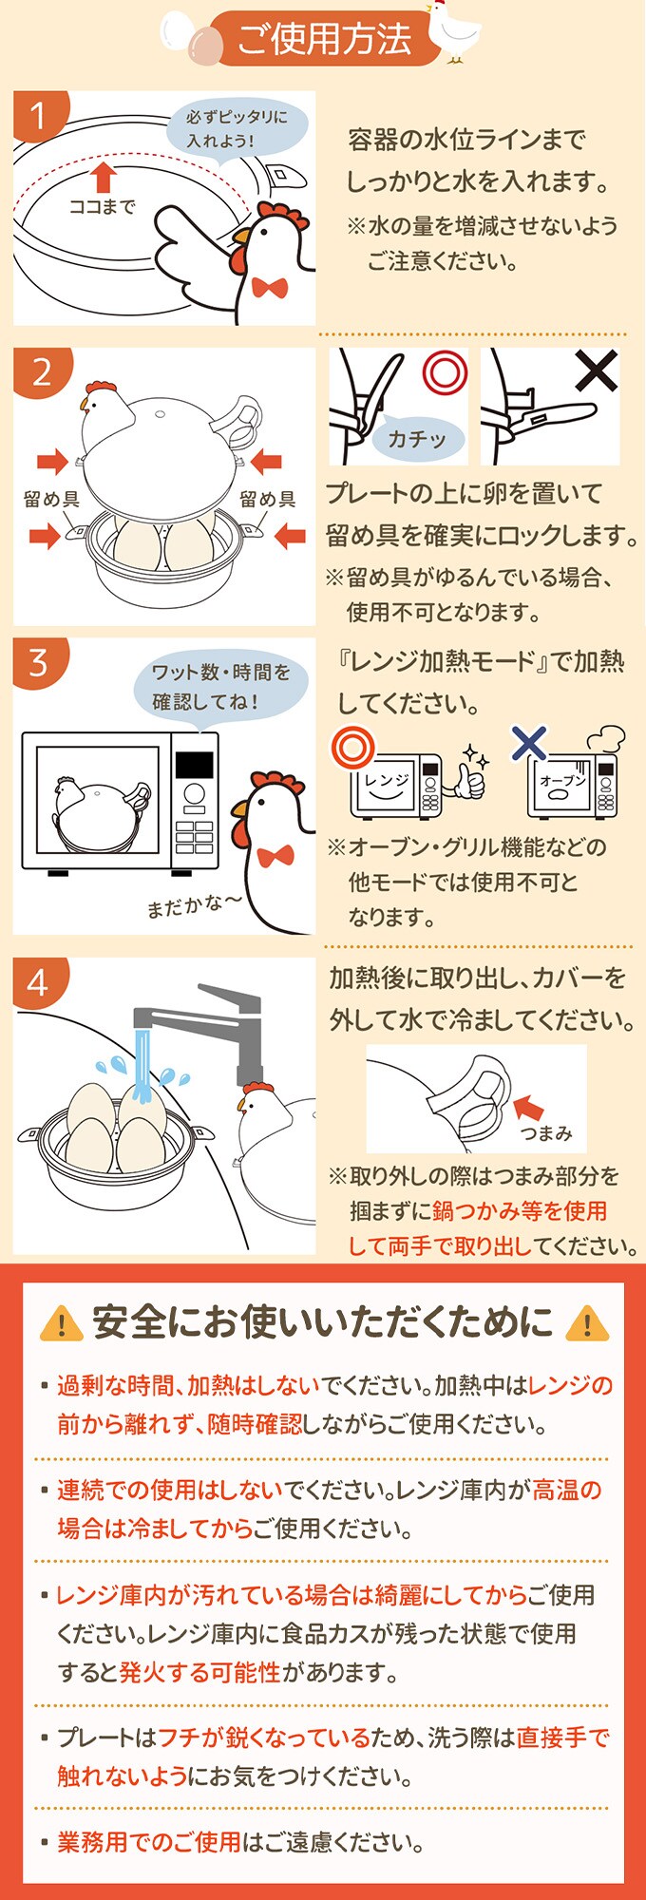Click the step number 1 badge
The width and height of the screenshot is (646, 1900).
point(38,116)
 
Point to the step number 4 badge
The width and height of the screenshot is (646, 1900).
point(38,981)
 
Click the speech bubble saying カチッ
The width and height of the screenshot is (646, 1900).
point(416,437)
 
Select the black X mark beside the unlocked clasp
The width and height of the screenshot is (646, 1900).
point(596,371)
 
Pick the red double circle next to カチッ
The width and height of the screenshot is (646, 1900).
point(445,372)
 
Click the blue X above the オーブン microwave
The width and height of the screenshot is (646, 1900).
point(529,742)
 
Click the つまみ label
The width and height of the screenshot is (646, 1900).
point(546,1132)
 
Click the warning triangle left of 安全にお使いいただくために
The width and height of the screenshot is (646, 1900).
point(62,1323)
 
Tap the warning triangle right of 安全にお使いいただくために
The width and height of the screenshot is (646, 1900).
point(586,1323)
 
